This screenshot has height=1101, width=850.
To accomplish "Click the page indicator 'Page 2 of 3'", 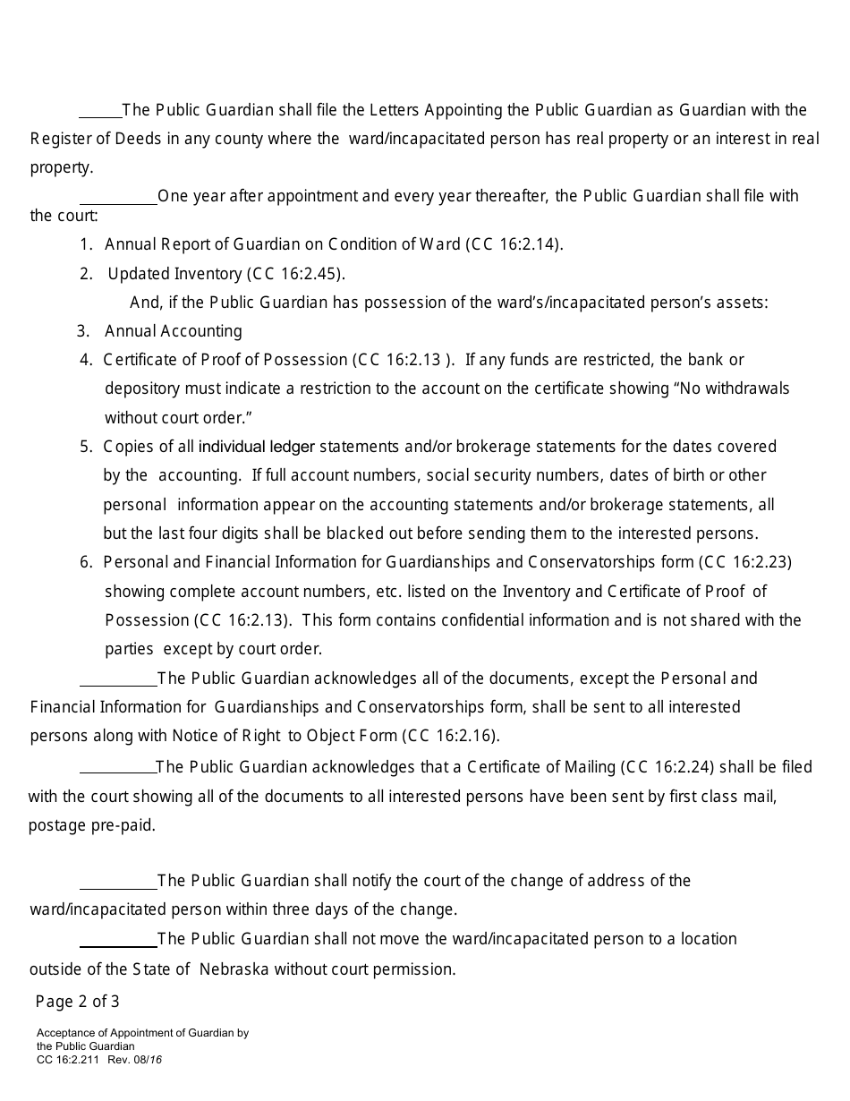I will [77, 1001].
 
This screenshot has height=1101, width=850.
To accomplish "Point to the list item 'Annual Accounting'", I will [173, 331].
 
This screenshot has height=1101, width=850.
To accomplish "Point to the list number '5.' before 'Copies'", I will [86, 446].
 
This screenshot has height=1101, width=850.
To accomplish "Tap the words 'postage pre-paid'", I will [92, 825].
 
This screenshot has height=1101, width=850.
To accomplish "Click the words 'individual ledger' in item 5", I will [256, 446].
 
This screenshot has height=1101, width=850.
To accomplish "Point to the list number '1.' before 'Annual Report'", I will [86, 244].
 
